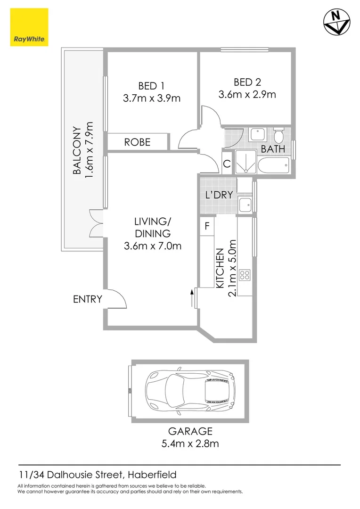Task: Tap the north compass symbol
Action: click(335, 22)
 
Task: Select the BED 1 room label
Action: click(151, 86)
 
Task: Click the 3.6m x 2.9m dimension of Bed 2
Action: click(247, 94)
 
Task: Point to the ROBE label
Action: click(138, 142)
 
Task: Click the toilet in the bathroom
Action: click(279, 136)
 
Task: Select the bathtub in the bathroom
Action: click(274, 165)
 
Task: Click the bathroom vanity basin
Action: click(258, 135)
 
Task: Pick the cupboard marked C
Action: click(227, 164)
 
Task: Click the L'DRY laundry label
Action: click(219, 195)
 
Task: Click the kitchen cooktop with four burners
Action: click(245, 275)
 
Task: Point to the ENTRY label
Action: click(88, 299)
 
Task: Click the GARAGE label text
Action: click(190, 431)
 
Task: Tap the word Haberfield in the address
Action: click(152, 475)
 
